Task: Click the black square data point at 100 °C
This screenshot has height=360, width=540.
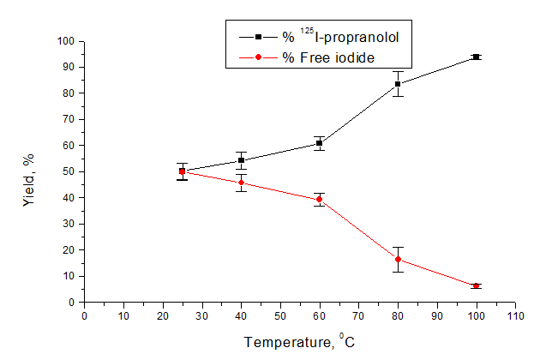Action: [x=476, y=57]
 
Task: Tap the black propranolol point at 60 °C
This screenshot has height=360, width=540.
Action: [x=319, y=143]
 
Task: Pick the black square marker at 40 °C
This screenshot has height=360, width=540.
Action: [x=241, y=160]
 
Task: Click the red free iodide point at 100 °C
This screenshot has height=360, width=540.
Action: [x=476, y=285]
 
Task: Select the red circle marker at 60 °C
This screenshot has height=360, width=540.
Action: [x=319, y=200]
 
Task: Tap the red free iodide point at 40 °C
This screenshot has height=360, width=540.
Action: [x=241, y=183]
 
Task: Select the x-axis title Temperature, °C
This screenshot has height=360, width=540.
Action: [x=299, y=342]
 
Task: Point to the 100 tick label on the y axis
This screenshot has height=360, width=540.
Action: [x=65, y=41]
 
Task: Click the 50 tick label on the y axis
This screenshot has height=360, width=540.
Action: [x=68, y=171]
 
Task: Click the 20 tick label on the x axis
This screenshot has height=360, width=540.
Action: [x=163, y=316]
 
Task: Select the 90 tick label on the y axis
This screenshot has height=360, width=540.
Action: [x=68, y=67]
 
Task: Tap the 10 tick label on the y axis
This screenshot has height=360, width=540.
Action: [x=68, y=276]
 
